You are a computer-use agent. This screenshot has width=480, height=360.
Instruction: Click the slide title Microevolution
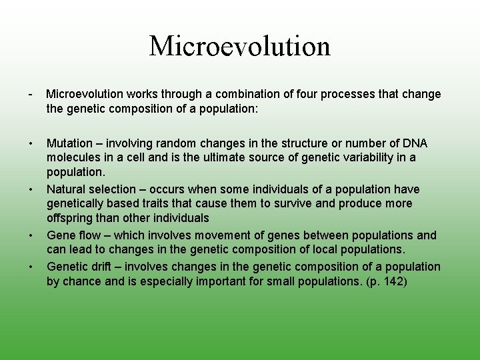pos(240,46)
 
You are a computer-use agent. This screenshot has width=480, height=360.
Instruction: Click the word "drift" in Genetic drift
pos(99,267)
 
